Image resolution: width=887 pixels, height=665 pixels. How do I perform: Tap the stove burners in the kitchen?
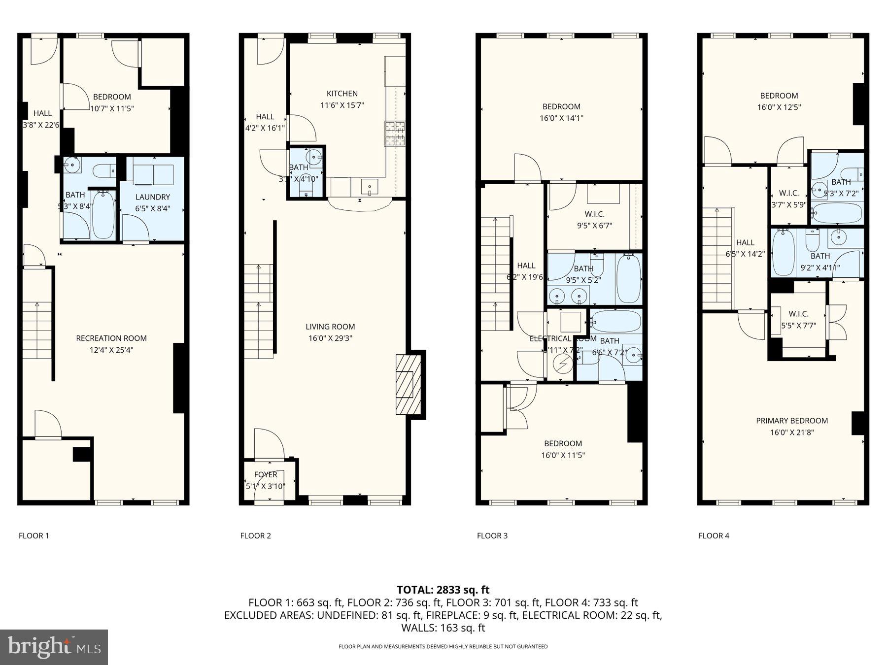click(395, 133)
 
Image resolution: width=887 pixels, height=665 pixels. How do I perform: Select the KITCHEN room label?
click(342, 94)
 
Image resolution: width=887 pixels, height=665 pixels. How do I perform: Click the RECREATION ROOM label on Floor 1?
click(111, 338)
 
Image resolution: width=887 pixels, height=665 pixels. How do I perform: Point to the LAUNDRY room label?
click(152, 197)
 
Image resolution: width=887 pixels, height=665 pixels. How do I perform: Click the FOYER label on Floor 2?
click(265, 475)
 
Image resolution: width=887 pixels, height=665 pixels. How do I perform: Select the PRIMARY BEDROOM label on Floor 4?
click(792, 421)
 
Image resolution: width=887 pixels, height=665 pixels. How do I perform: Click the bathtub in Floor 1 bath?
click(103, 215)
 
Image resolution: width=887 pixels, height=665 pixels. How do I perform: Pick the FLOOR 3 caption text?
click(492, 536)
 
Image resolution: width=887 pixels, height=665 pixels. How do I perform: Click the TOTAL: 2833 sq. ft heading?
click(443, 590)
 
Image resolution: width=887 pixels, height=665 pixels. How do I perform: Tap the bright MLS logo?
click(54, 647)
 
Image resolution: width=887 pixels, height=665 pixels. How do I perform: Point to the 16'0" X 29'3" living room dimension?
click(330, 338)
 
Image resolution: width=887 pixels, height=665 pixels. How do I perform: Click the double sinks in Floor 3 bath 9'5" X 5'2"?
click(569, 296)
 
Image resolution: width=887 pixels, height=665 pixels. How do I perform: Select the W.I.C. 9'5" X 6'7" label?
click(594, 214)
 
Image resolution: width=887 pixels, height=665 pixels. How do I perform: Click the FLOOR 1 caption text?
click(34, 536)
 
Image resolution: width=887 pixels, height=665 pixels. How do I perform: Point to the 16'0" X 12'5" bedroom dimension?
click(779, 107)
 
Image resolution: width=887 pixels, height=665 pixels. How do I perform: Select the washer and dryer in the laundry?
click(153, 174)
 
